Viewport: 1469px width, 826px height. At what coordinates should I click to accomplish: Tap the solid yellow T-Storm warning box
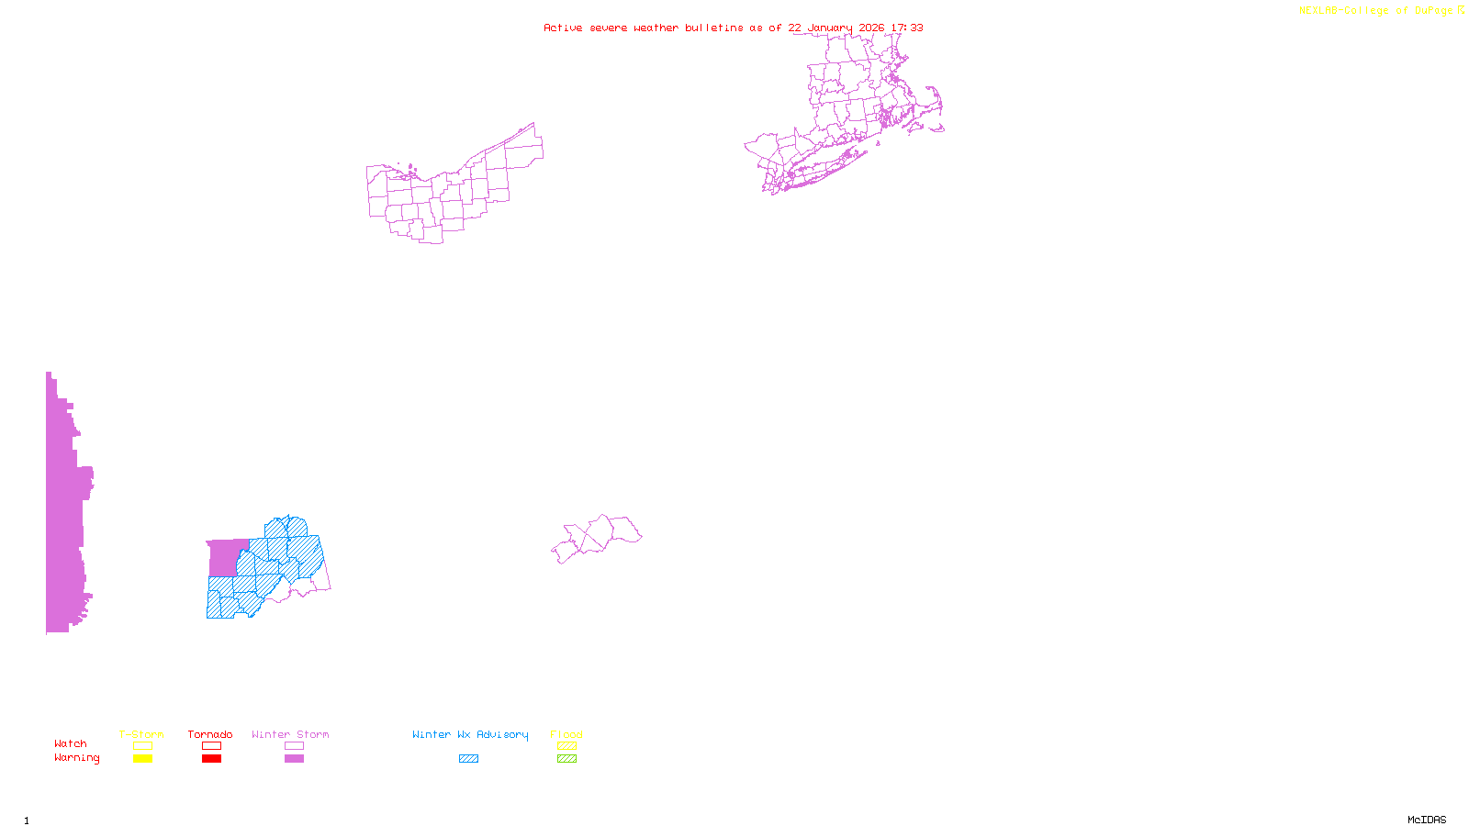(142, 758)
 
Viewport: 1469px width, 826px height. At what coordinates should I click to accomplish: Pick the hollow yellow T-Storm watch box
(142, 746)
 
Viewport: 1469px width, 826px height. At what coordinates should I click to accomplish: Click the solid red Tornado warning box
(211, 758)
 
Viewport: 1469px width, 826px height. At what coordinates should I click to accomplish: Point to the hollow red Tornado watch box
(211, 746)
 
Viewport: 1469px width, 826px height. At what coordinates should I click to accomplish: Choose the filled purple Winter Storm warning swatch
(294, 758)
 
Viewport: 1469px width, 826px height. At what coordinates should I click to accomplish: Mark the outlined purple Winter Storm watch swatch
(294, 746)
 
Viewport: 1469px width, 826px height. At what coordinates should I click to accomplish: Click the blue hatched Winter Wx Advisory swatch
(468, 758)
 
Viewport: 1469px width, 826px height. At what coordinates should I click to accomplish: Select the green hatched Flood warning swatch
(566, 758)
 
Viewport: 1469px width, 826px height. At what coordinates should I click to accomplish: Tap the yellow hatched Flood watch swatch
(566, 746)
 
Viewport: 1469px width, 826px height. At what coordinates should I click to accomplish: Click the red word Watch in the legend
(71, 743)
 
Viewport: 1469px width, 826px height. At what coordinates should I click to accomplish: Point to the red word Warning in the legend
(76, 758)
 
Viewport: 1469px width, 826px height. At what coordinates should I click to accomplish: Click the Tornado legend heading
(210, 734)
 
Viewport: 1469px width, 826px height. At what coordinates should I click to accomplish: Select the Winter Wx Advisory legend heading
(470, 734)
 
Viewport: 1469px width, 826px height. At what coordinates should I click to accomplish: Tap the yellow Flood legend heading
(566, 734)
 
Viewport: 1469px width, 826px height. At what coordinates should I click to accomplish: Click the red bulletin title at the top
(733, 28)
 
